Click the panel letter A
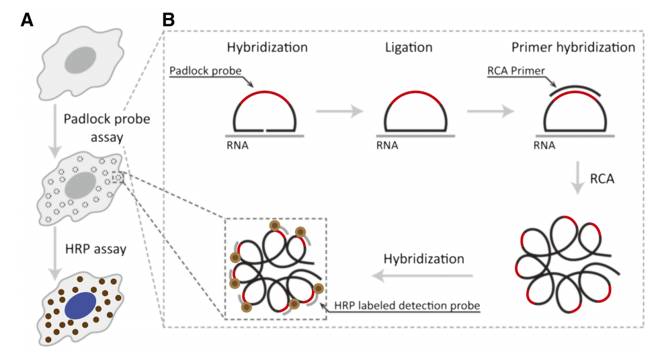coord(27,20)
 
